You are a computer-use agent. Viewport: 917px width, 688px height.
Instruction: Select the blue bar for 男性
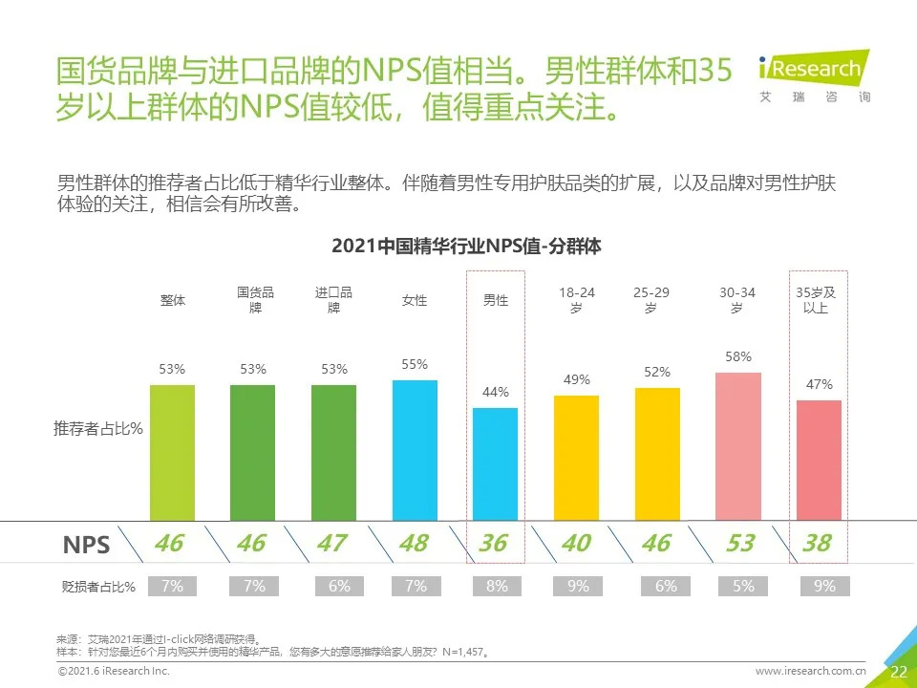tap(496, 463)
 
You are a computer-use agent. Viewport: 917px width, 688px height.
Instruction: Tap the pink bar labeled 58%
tap(738, 446)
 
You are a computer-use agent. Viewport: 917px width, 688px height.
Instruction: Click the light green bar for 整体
tap(172, 452)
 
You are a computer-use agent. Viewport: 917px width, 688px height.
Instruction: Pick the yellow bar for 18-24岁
tap(576, 458)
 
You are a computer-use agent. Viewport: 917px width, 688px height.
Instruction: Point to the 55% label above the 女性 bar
tap(415, 365)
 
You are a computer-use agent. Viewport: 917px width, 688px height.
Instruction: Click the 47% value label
tap(820, 384)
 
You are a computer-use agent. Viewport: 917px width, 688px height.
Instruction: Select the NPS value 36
tap(493, 544)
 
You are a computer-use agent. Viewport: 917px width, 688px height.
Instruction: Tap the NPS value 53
tap(739, 544)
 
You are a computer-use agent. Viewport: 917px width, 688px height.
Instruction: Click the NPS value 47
tap(331, 544)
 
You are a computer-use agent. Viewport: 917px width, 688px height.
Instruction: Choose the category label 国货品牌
tap(255, 300)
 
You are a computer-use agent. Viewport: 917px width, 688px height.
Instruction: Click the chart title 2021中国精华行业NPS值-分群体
tap(466, 246)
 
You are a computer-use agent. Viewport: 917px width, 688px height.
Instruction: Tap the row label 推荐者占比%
tap(97, 429)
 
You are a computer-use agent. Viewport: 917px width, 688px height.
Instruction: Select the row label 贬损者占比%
tap(97, 587)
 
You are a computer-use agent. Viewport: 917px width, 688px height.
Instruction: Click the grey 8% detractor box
tap(497, 587)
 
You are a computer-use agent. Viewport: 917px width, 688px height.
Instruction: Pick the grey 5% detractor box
tap(743, 587)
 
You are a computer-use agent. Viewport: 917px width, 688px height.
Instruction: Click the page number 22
tap(898, 672)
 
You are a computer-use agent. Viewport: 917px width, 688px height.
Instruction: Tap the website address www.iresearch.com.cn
tap(810, 672)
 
